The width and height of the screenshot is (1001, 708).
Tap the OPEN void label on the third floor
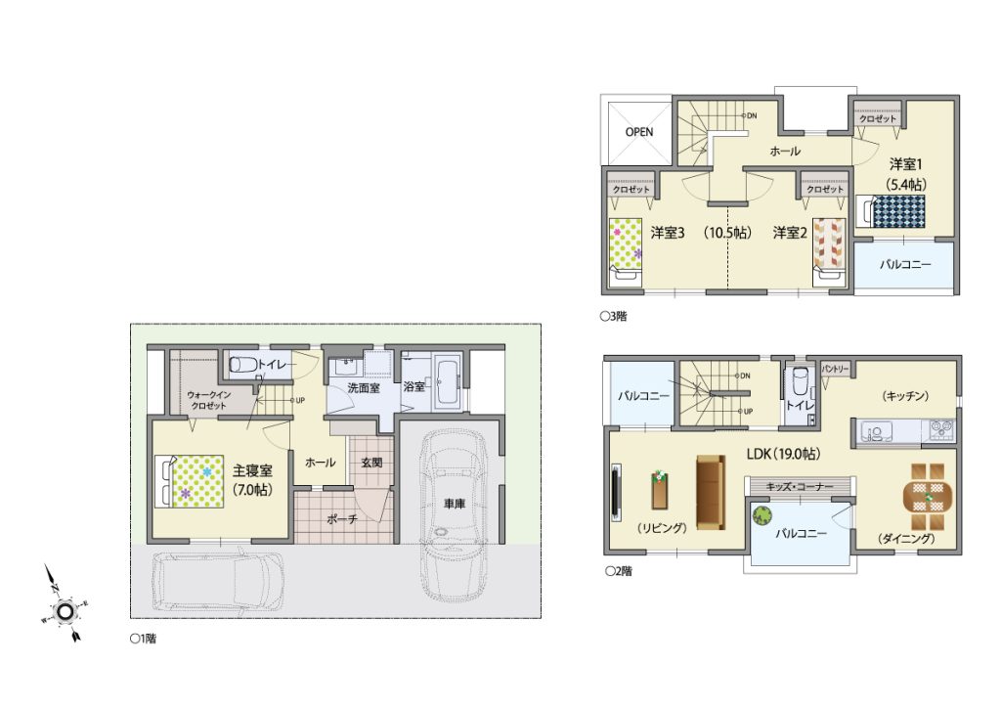639,131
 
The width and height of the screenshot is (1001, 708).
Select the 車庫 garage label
454,504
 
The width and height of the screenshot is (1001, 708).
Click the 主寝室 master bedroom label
252,470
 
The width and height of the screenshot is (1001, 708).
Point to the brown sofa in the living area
710,492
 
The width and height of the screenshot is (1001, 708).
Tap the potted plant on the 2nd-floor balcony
762,514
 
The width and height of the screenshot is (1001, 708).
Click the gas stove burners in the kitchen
939,429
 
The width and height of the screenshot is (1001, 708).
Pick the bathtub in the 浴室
446,381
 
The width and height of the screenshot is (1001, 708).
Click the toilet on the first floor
242,364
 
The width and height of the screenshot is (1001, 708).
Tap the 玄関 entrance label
371,462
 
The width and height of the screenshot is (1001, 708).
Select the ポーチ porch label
342,519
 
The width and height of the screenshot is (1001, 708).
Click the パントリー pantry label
835,369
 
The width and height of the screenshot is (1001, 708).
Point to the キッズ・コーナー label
800,486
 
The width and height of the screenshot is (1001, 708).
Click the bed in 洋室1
891,211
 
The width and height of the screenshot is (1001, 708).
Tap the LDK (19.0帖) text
783,454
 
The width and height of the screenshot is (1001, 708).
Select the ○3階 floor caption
614,316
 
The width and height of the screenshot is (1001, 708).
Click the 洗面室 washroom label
364,387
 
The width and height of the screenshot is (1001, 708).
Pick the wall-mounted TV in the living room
617,491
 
